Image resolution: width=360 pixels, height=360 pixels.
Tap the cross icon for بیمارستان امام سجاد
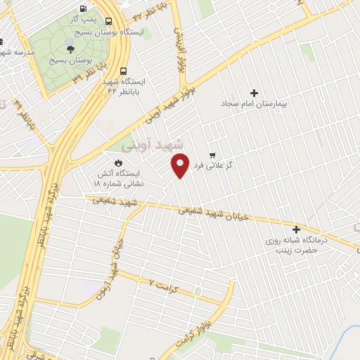coord(254,93)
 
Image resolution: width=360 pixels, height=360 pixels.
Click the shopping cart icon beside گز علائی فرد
coord(212,155)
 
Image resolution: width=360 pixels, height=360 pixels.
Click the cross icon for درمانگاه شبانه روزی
coord(297,229)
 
